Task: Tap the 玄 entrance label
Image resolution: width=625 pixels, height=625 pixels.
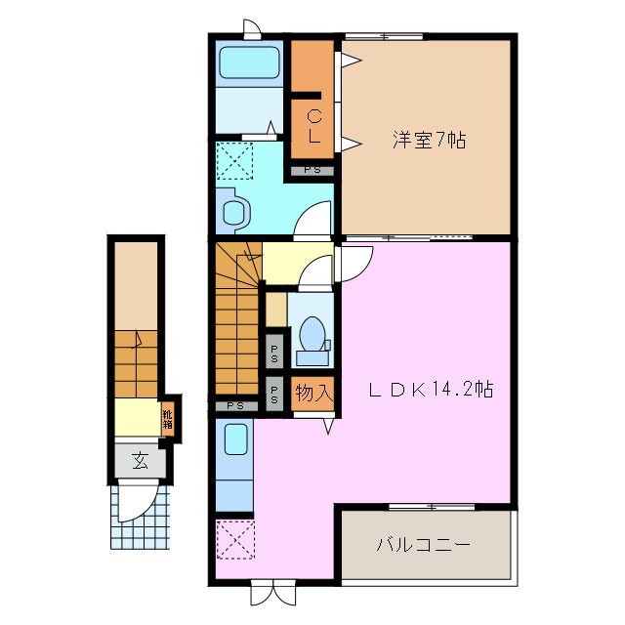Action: [139, 459]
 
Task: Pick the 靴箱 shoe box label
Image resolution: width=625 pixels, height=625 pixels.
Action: [168, 416]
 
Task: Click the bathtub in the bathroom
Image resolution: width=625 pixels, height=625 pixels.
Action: [249, 63]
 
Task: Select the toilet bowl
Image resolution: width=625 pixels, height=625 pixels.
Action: [313, 334]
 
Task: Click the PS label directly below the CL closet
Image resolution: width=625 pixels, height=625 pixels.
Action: [312, 171]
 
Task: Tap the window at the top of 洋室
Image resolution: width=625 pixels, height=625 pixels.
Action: [383, 37]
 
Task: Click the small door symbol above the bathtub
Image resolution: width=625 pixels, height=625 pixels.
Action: [252, 29]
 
